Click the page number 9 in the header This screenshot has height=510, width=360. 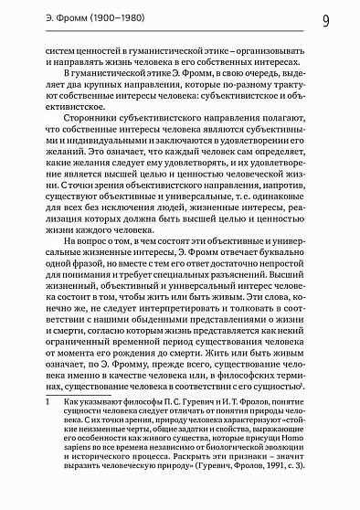(x=325, y=19)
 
